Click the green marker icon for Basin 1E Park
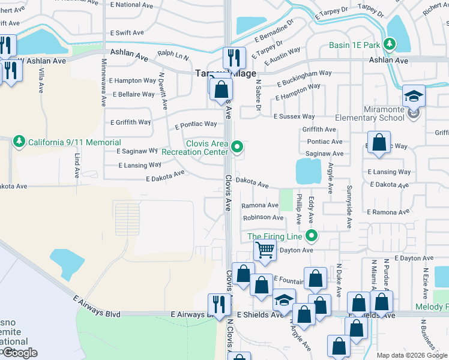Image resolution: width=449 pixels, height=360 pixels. [x=390, y=44]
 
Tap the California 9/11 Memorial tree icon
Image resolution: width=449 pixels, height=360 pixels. [x=19, y=142]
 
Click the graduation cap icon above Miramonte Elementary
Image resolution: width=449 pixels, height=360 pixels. [x=413, y=96]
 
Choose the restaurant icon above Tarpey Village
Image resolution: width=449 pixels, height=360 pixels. [x=234, y=58]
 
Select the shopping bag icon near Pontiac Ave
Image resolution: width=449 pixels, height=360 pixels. [x=379, y=143]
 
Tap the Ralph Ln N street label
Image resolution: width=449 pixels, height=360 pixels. [x=173, y=56]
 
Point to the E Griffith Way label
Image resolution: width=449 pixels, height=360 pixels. [x=131, y=122]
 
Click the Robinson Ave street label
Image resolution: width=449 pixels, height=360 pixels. [x=263, y=218]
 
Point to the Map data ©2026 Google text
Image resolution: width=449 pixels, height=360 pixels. [x=411, y=355]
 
